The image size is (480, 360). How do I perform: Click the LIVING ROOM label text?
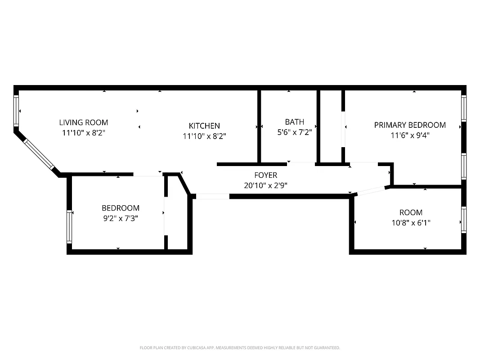(84, 122)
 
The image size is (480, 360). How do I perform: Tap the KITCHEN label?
(204, 126)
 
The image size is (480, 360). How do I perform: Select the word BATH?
(294, 122)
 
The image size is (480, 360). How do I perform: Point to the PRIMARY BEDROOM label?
(410, 125)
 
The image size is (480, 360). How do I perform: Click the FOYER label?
(265, 175)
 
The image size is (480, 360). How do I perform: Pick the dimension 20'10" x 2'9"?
(265, 185)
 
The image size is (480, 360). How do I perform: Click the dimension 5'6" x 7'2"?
(294, 132)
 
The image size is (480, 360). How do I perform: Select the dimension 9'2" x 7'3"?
(121, 218)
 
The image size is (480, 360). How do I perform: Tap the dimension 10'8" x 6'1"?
(411, 223)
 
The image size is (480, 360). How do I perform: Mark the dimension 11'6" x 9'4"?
(410, 135)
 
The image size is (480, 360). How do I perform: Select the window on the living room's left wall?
(17, 111)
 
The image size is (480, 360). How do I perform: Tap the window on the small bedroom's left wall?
(69, 226)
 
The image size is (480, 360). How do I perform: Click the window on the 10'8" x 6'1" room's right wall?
(463, 220)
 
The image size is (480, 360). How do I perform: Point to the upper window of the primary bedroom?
(463, 108)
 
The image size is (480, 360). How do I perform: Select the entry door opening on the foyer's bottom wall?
(212, 196)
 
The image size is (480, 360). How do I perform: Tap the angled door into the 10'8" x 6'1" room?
(371, 191)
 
